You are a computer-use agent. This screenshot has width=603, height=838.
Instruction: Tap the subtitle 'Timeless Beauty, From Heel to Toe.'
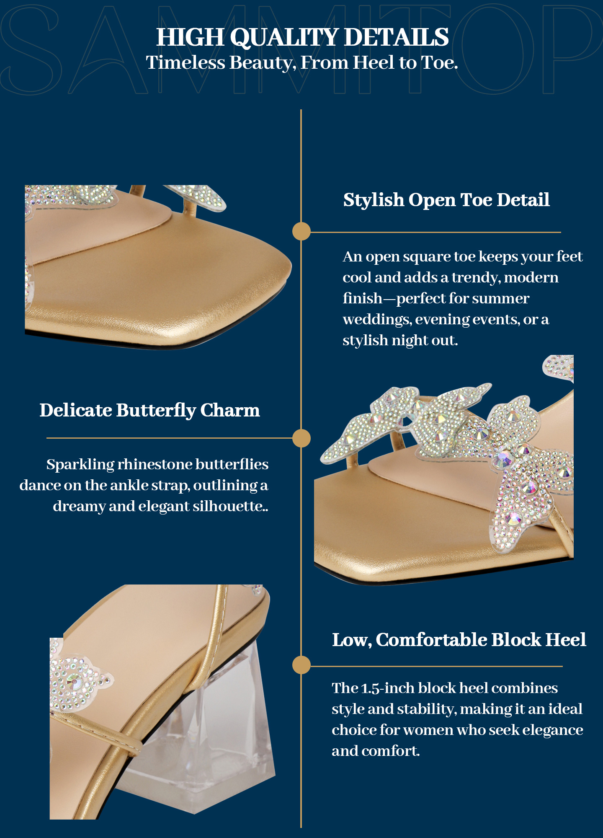tap(302, 63)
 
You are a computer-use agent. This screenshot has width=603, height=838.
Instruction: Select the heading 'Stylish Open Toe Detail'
tap(446, 200)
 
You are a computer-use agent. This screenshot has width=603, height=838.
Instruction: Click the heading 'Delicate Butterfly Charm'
tap(149, 411)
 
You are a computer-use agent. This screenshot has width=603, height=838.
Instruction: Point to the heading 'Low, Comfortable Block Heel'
tap(459, 640)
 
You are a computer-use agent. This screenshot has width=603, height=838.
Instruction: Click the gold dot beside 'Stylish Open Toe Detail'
tap(301, 231)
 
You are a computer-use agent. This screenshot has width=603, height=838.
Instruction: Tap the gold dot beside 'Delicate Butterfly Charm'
tap(301, 438)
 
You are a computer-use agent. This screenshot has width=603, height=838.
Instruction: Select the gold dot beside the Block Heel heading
tap(301, 665)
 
